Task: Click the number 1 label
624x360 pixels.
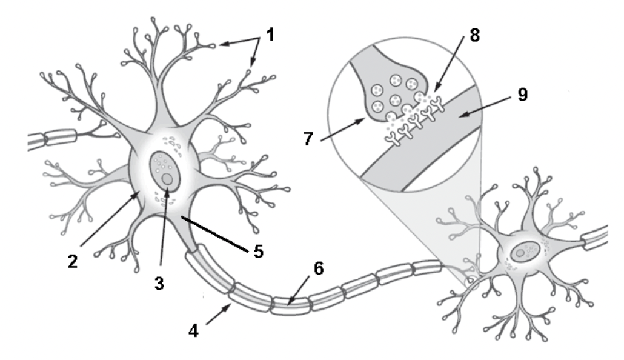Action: (x=270, y=35)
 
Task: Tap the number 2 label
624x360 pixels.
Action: (x=73, y=262)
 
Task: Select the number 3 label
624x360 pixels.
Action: (x=159, y=284)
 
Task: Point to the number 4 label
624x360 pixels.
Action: (x=193, y=330)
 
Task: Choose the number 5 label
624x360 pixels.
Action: (x=259, y=252)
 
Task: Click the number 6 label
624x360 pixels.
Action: (x=319, y=268)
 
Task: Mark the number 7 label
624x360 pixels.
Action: (x=308, y=139)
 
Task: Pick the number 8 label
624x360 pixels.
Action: (x=475, y=35)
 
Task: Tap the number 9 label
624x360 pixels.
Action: (x=522, y=95)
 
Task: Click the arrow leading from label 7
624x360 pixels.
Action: (x=343, y=129)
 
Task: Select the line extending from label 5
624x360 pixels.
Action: (x=214, y=233)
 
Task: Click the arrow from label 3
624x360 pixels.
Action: (x=165, y=226)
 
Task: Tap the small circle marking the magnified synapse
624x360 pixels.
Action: (x=471, y=282)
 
